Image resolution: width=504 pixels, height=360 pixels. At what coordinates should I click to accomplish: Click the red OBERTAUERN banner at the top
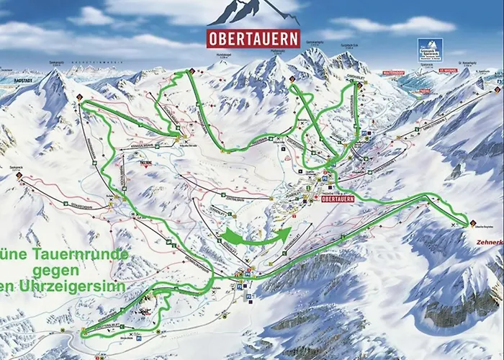point(253,38)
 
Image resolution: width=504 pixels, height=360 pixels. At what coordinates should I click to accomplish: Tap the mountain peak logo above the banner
point(253,13)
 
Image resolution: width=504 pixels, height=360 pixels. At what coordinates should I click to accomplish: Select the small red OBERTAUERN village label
point(338,199)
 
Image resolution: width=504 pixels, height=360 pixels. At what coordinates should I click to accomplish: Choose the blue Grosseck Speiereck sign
point(430,50)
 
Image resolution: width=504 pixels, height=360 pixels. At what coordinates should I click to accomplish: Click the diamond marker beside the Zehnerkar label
point(473,222)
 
